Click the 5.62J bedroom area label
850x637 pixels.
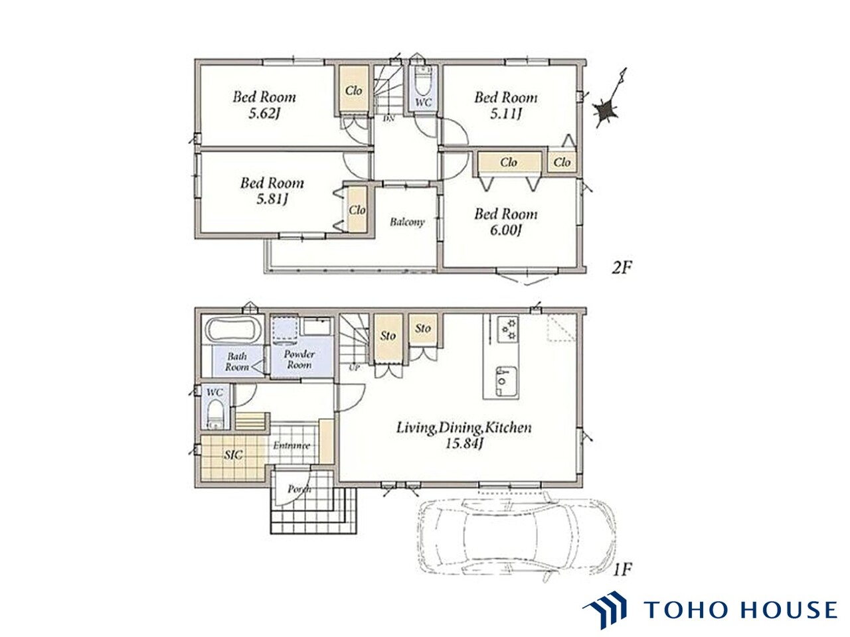(264, 113)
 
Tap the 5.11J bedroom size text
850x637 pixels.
(505, 113)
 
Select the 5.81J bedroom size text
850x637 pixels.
(272, 199)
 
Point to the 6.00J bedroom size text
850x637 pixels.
(505, 230)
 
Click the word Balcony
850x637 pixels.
(407, 222)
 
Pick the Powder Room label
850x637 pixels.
(299, 359)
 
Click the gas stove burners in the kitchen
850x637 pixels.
(508, 330)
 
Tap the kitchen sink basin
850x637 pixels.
(506, 381)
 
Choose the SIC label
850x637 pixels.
(234, 455)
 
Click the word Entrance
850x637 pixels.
(292, 445)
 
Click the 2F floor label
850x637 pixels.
(622, 267)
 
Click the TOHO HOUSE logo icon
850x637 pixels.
(605, 610)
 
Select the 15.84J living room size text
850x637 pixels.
(464, 443)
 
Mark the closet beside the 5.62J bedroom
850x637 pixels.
(353, 90)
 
